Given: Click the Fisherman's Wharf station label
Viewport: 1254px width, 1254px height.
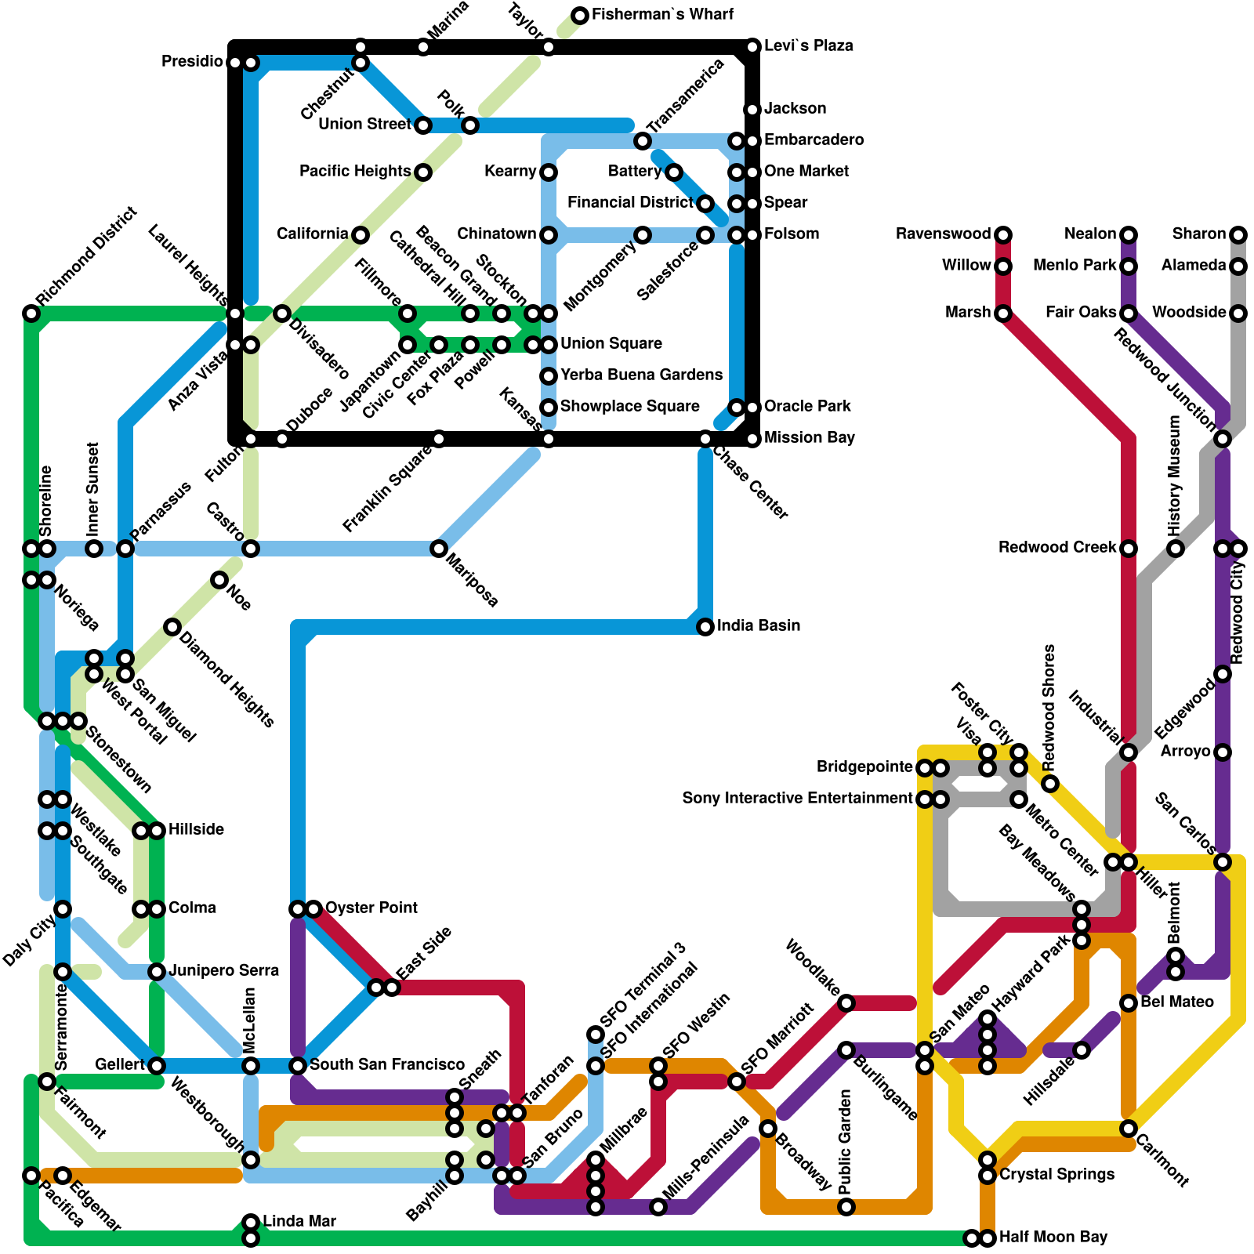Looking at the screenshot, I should tap(662, 15).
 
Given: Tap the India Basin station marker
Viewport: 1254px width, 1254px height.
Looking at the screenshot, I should tap(705, 627).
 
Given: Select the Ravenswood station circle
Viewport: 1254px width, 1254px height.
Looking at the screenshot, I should tap(1003, 234).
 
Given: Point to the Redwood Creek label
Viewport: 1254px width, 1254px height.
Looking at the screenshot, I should tap(1056, 548).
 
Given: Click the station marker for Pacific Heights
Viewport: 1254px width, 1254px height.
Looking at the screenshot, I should tap(423, 172).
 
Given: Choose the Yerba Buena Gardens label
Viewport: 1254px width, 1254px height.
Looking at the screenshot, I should tap(641, 375).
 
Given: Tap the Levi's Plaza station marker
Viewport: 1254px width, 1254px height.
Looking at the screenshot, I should tap(752, 47).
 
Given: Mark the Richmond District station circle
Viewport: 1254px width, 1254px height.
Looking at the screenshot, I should tap(31, 313).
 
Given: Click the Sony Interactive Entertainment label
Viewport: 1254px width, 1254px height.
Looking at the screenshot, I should tap(797, 799).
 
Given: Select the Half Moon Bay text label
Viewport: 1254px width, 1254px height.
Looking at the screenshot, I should tap(1053, 1238).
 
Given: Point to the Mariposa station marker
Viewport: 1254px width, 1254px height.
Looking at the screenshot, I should tap(439, 549).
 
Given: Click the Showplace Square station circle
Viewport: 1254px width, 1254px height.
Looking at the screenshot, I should tap(549, 408).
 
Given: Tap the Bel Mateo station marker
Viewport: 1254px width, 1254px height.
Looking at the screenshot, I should tap(1129, 1003).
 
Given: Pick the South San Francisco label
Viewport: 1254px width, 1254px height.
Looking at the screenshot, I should tap(387, 1065).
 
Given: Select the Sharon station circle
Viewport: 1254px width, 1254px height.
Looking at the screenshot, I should tap(1238, 234).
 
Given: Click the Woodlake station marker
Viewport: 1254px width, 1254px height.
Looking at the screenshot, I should tap(846, 1003).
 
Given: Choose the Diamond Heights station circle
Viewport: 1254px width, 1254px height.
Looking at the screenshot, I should tap(172, 627).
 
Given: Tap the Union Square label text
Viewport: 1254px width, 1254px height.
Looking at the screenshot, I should tap(611, 344).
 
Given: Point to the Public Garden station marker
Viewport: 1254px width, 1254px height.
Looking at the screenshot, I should tap(846, 1207).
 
